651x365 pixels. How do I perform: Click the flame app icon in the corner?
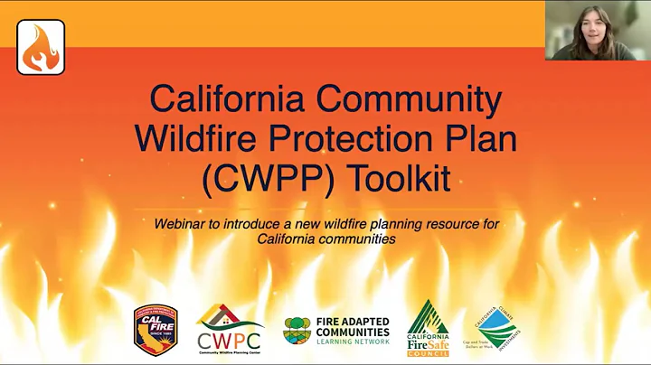41,47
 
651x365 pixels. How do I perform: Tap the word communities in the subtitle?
358,239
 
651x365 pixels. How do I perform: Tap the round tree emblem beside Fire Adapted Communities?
297,330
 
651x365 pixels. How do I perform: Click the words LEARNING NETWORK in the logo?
354,342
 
